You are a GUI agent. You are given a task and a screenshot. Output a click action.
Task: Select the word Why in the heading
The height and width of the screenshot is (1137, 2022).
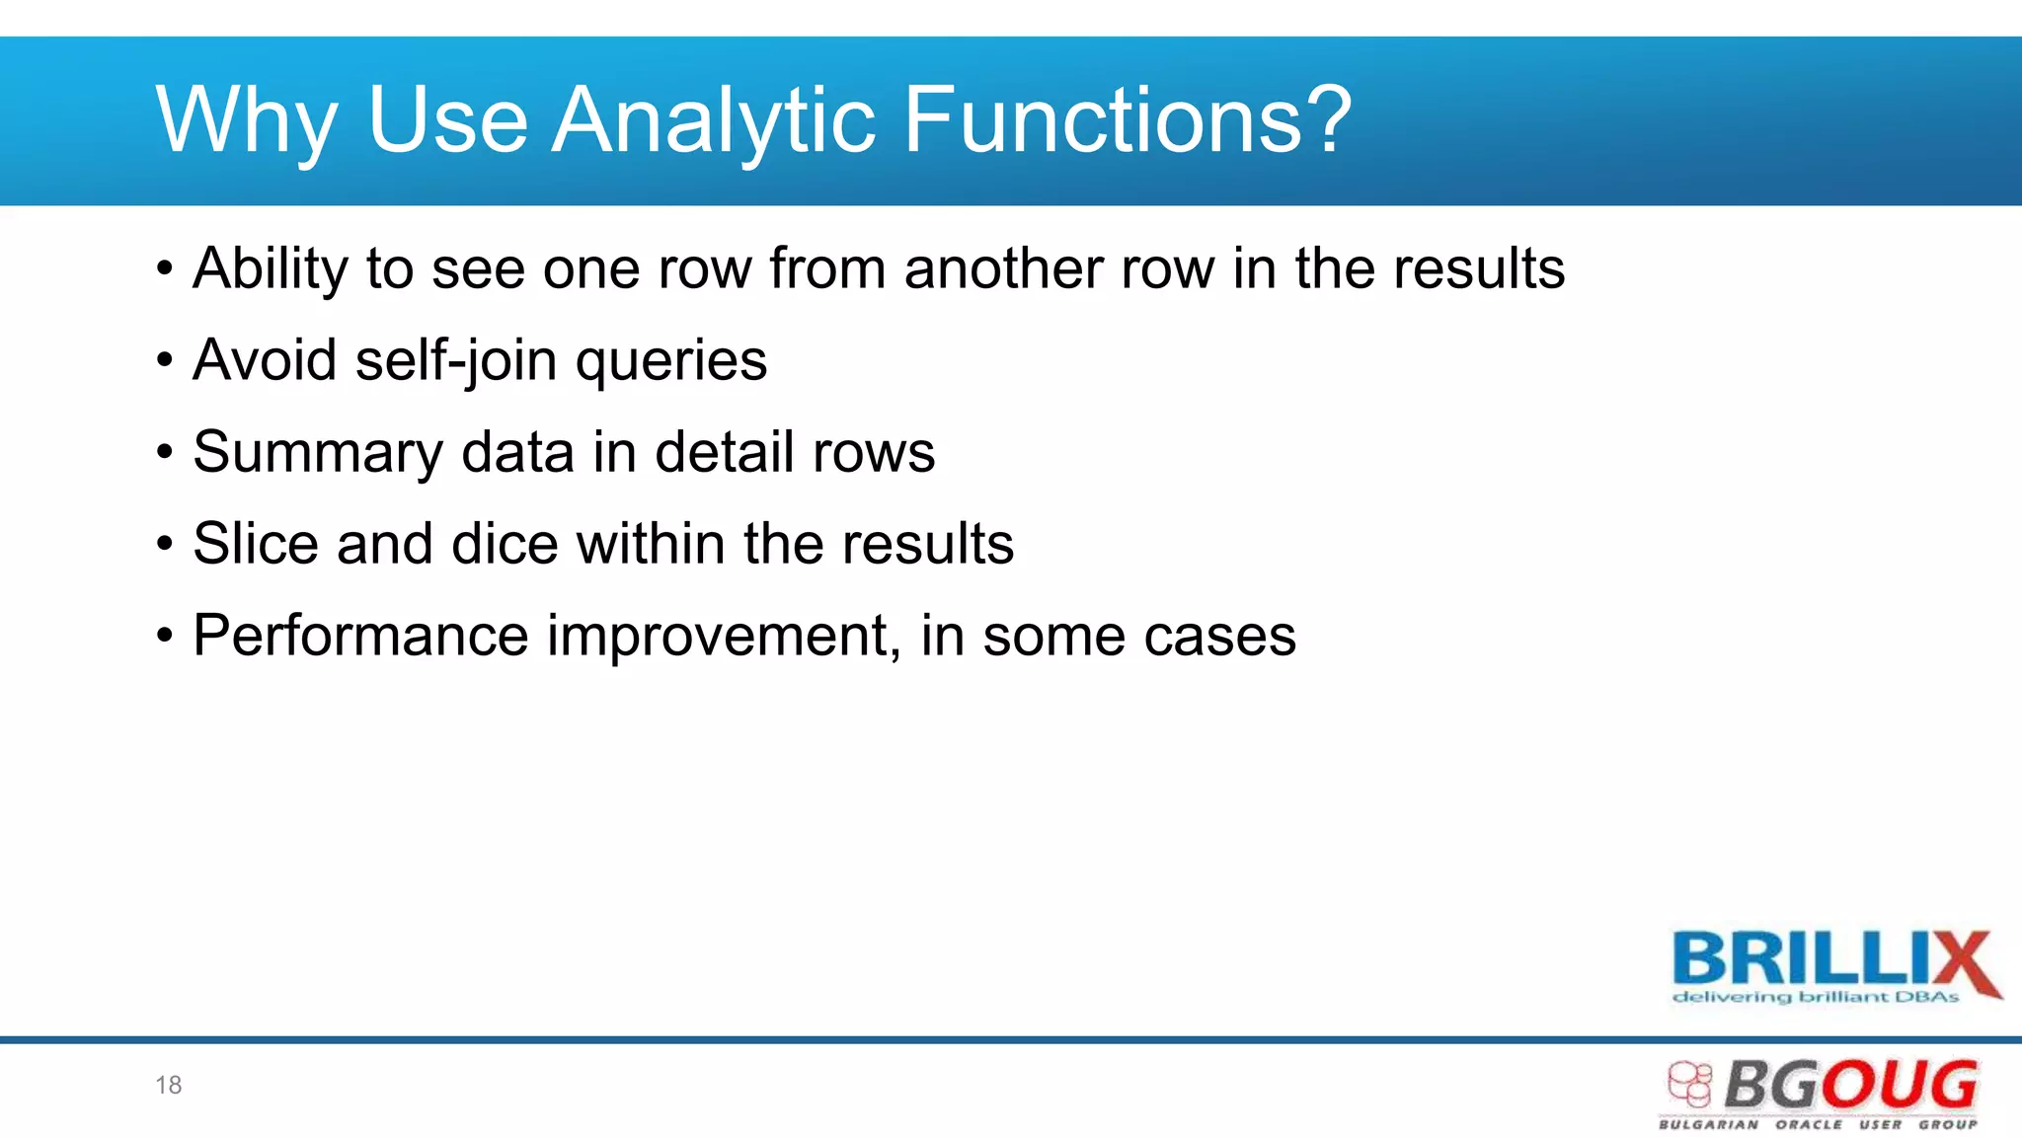[x=247, y=120]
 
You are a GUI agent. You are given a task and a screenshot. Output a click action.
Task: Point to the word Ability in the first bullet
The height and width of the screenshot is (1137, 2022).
[x=271, y=268]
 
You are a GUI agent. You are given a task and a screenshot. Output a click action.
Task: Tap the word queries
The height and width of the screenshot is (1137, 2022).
[x=671, y=362]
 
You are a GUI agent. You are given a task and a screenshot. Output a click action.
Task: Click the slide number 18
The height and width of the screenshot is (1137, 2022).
[x=168, y=1086]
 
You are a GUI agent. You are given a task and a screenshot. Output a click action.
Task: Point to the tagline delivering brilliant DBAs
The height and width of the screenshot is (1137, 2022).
[x=1815, y=998]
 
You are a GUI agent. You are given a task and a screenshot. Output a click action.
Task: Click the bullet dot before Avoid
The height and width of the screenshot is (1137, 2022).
[x=164, y=360]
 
